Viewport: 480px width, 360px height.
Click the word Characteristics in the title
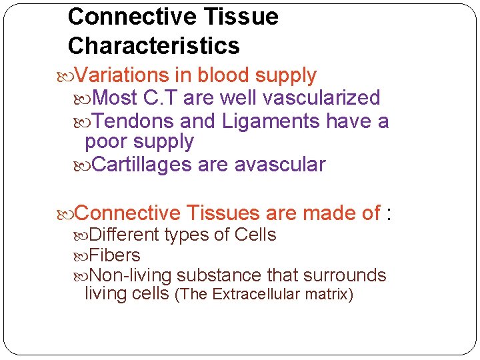[x=153, y=45]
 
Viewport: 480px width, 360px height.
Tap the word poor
[x=106, y=141]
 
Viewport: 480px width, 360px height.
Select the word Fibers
[x=115, y=255]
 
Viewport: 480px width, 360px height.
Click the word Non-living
[x=131, y=275]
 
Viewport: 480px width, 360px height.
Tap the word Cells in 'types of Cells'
[x=255, y=235]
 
